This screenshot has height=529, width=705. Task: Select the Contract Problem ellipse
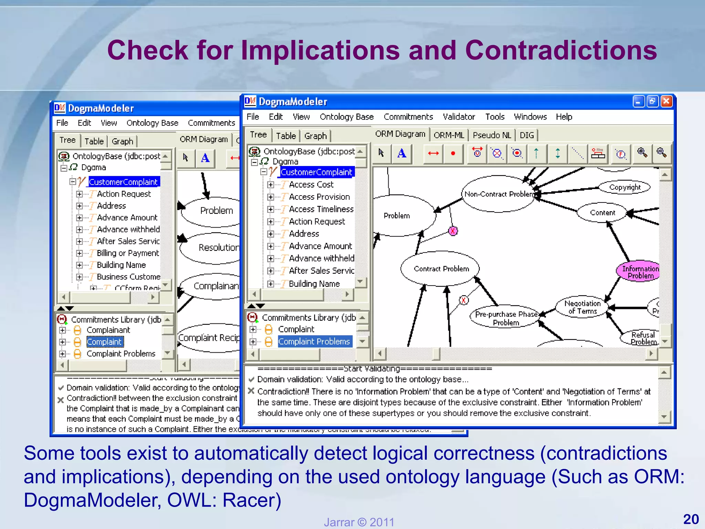tap(441, 269)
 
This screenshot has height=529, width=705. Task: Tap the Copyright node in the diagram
tap(625, 187)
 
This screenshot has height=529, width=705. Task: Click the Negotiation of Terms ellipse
tap(582, 307)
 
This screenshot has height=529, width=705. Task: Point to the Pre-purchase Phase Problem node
tap(506, 318)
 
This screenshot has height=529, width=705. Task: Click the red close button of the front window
tap(666, 101)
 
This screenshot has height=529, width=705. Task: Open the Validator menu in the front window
tap(459, 117)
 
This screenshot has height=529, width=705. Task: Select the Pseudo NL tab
tap(492, 135)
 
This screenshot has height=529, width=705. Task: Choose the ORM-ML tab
tap(449, 135)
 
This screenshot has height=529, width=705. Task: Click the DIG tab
tap(527, 135)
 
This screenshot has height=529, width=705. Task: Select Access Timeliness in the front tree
tap(321, 209)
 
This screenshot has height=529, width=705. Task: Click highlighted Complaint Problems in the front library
tap(314, 341)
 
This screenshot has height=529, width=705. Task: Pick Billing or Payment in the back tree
tap(128, 253)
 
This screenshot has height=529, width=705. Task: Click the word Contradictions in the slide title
tap(561, 50)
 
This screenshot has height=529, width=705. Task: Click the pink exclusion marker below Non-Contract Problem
tap(453, 231)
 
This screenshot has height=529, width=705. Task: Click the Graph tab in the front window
tap(315, 136)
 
